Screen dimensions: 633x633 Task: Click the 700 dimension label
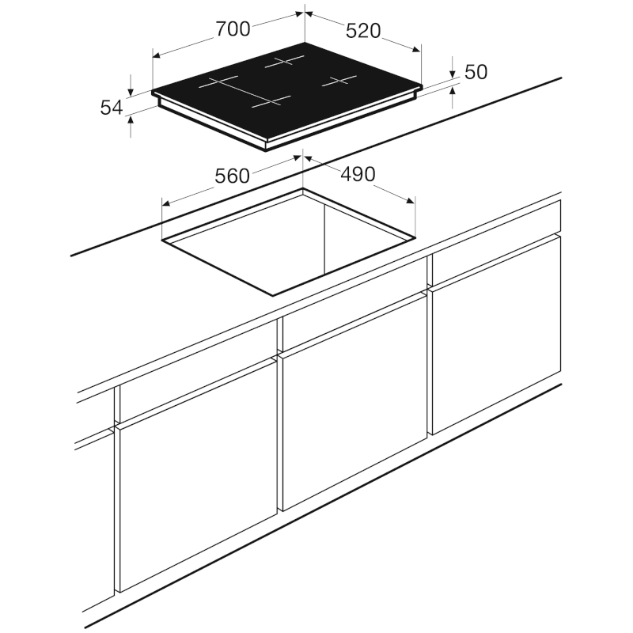tap(233, 29)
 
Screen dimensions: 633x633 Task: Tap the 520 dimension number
tap(363, 31)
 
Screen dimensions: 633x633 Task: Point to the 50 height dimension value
tap(476, 72)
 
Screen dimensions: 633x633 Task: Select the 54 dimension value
tap(112, 108)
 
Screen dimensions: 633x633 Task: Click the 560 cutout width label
tap(232, 176)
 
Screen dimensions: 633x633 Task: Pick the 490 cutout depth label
tap(358, 174)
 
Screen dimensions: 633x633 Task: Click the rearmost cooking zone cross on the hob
tap(284, 62)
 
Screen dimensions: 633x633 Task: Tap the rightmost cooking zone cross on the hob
tap(339, 81)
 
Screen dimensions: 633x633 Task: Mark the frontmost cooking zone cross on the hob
tap(271, 102)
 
